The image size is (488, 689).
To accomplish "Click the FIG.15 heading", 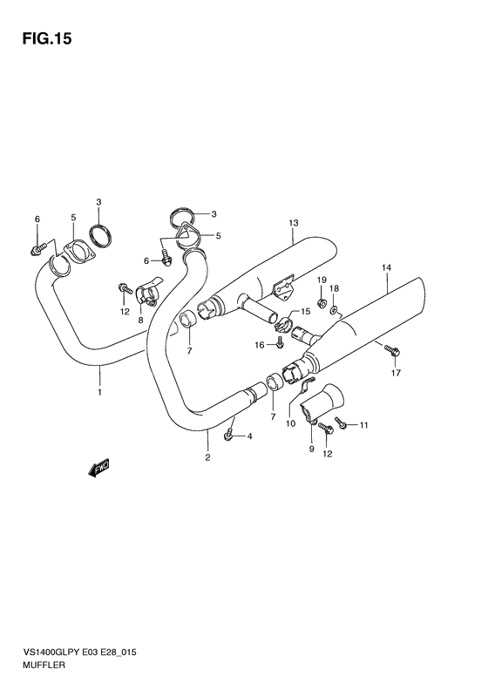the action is pos(46,39).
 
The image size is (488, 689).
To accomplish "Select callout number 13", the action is pos(294,223).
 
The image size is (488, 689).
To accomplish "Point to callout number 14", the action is pos(386,267).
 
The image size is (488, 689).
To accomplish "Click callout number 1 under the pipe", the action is pos(100,392).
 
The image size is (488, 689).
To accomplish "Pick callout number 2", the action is pos(207,457).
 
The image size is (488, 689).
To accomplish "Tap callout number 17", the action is pos(396,373).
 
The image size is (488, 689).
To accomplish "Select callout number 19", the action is pos(322,280).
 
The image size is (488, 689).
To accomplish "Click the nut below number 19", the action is pos(322,303).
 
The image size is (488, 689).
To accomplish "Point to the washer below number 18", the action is pos(334,311).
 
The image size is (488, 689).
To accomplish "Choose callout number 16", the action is pos(260,345).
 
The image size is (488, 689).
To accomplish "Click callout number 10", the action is pos(290,423).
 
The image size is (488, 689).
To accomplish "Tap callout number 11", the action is pos(363,425).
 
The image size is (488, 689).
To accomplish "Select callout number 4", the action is pos(249,436).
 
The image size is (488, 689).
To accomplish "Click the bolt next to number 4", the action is pos(228,435).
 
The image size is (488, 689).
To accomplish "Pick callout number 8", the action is pos(140,321).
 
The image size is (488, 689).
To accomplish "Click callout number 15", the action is pos(306,311).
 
